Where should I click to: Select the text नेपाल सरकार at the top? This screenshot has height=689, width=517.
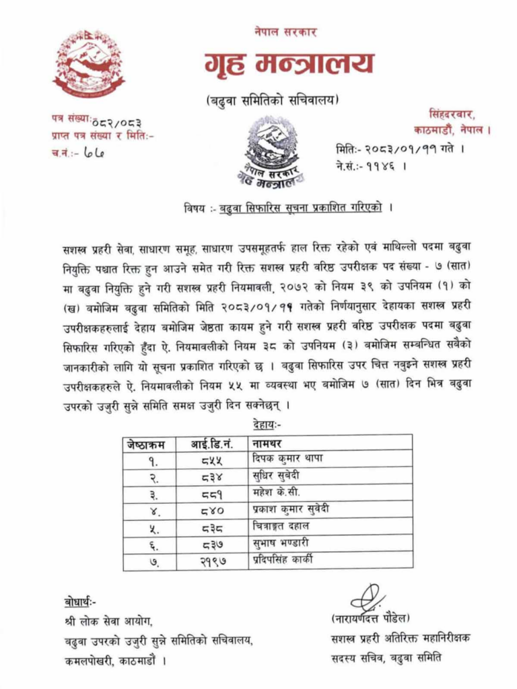pyautogui.click(x=285, y=32)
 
